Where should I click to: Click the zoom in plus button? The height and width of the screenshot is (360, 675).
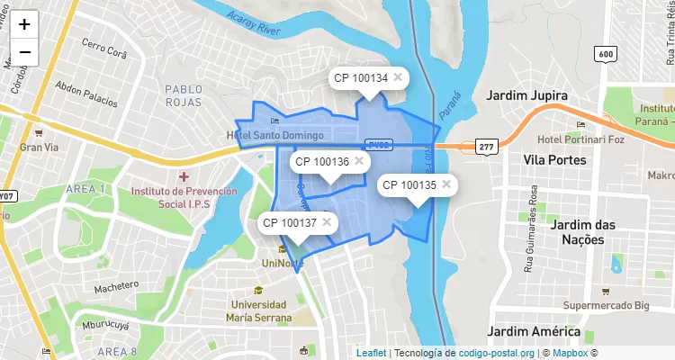pos(24,25)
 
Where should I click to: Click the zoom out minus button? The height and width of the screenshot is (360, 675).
pos(24,52)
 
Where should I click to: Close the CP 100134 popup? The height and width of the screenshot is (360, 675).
pos(397,77)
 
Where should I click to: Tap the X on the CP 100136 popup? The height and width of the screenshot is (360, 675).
pos(358,160)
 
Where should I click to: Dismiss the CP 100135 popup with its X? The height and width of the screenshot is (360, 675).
pos(445,184)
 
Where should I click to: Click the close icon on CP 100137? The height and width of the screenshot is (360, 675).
pos(326,221)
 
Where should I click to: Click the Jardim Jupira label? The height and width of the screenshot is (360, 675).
pos(526,95)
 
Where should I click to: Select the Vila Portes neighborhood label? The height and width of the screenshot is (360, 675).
pos(554,160)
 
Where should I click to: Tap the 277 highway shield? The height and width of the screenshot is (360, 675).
pos(487,147)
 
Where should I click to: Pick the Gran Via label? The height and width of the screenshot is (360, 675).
pos(39,147)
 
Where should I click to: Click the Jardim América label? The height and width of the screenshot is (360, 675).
pos(532,331)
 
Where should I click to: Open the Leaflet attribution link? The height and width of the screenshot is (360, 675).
pos(370,353)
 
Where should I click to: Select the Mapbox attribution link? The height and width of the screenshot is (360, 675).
pos(570,353)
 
